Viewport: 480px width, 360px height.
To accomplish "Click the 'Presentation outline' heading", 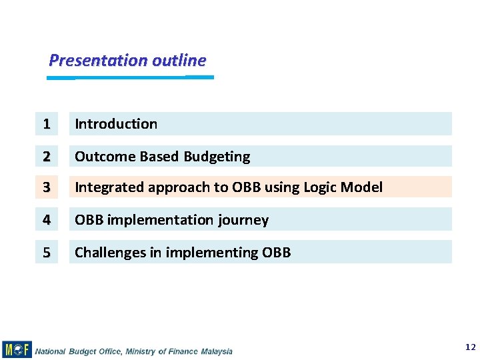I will coord(127,60).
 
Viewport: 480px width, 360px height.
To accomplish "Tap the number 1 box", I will coord(46,124).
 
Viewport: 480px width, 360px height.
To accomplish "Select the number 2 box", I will coord(46,157).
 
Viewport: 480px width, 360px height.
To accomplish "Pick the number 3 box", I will coord(46,187).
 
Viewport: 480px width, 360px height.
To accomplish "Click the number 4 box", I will coord(46,219).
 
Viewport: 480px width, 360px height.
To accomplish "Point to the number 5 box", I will coord(46,252).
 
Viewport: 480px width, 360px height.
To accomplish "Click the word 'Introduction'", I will coord(116,124).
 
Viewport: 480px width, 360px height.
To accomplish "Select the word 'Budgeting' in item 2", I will coord(217,157).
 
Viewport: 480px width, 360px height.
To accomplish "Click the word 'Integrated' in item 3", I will coord(109,187).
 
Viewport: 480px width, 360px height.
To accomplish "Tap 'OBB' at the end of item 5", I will coord(276,252).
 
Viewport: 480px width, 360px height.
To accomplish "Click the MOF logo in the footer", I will coord(17,349).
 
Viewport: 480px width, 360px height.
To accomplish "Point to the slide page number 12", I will coord(471,347).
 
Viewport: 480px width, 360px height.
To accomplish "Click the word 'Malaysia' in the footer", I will coord(216,351).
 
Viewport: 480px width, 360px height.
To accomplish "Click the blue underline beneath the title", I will coord(130,77).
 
